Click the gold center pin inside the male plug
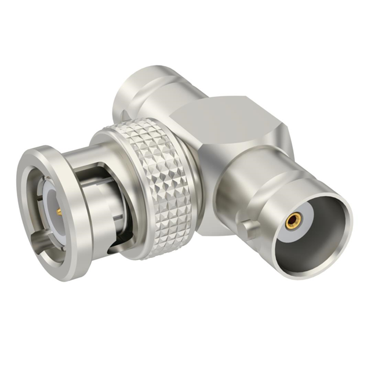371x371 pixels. pos(59,213)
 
